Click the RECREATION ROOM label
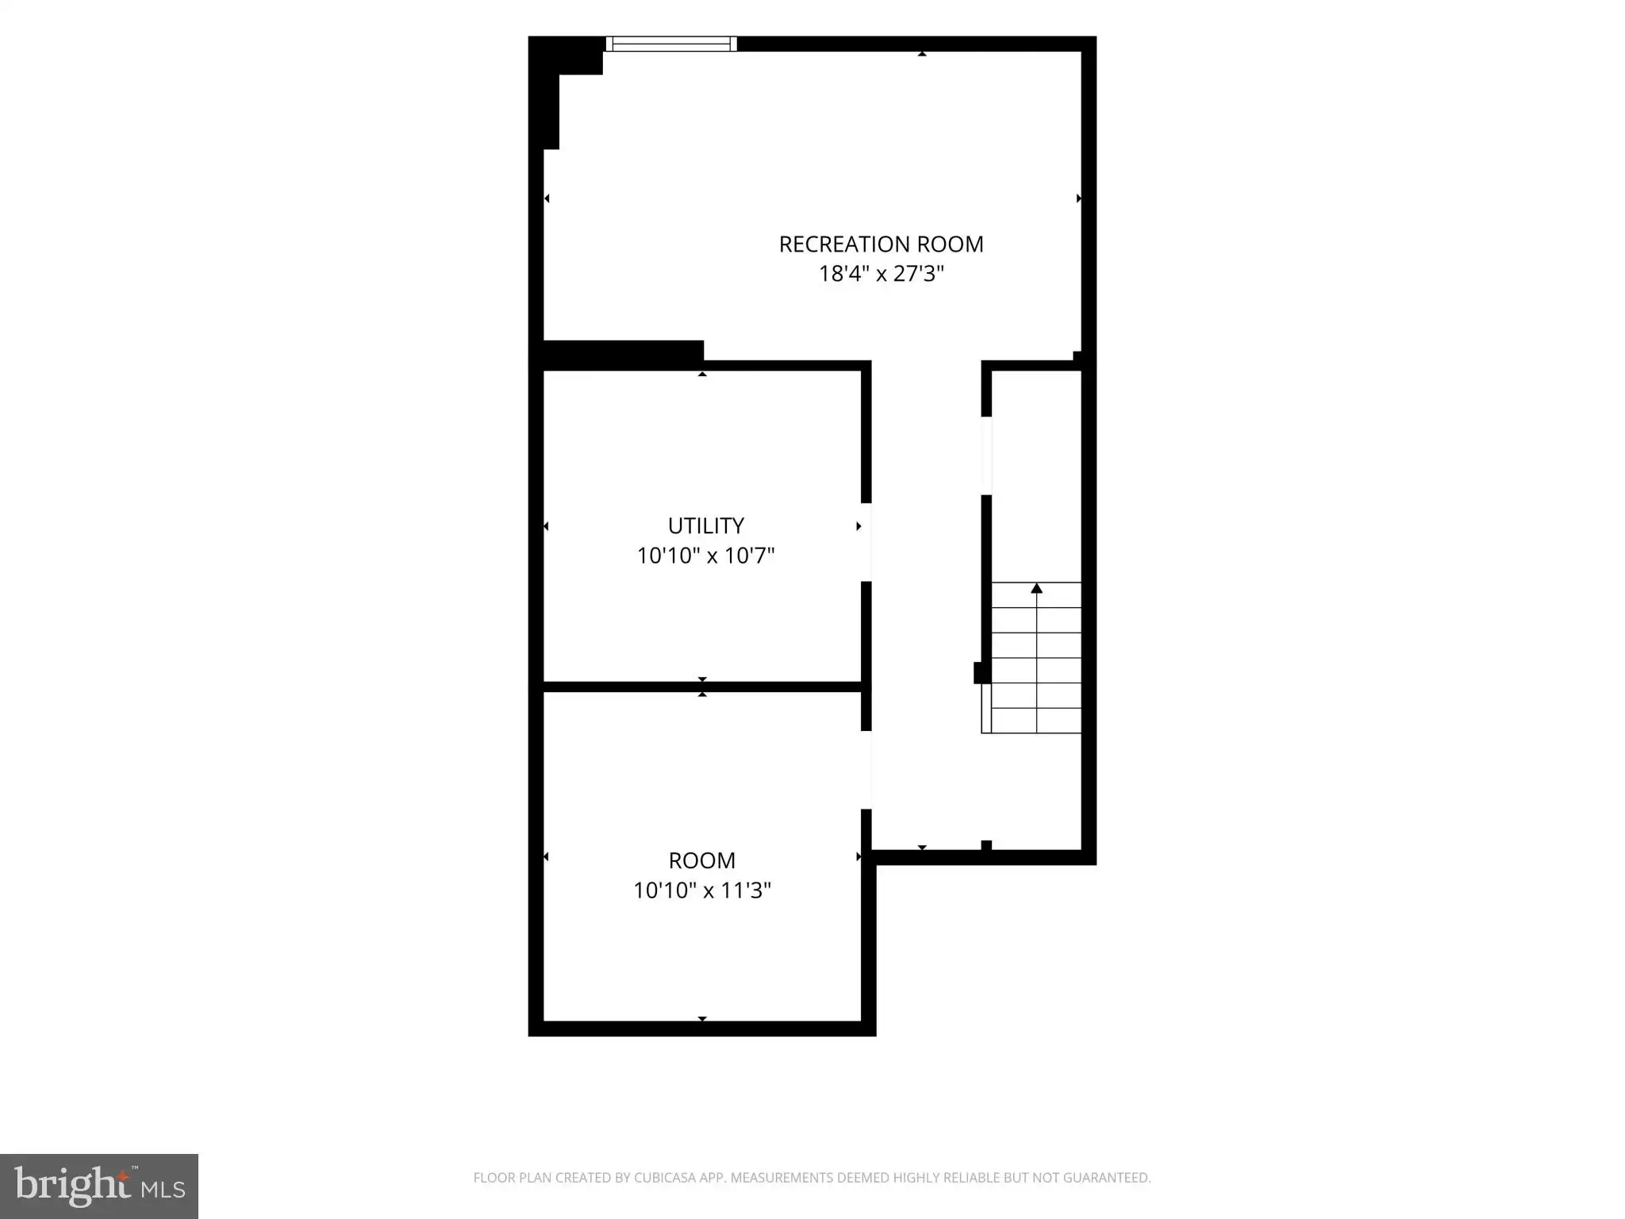(881, 244)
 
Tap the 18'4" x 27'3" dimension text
(881, 274)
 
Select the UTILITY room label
(705, 526)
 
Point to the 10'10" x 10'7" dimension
(705, 556)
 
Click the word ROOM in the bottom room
(702, 861)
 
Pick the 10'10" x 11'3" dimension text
(702, 890)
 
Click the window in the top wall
(671, 44)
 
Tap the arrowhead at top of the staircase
(1036, 588)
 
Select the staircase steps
(1031, 658)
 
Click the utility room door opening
(866, 542)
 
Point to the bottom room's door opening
(866, 770)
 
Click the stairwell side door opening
(986, 456)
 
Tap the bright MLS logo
(99, 1186)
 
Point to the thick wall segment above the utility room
(623, 354)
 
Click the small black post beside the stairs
(982, 673)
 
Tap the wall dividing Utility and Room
(702, 686)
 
